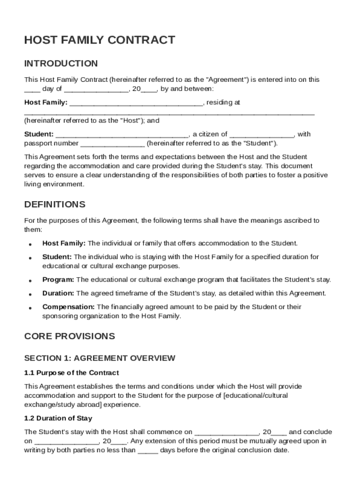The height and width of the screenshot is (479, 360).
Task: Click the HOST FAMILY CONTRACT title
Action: (100, 40)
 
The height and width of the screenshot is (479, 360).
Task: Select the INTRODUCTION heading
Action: (61, 64)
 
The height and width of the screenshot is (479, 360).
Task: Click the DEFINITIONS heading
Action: (55, 204)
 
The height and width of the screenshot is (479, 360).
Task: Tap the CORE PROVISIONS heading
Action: (69, 336)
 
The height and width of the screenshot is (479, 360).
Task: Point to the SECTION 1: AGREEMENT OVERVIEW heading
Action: (100, 358)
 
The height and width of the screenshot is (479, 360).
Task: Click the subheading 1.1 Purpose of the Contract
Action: (72, 373)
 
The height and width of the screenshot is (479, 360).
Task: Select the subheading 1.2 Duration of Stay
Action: (58, 418)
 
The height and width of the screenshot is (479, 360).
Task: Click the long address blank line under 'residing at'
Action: (169, 113)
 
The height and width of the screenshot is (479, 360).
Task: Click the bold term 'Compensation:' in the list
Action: (69, 307)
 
